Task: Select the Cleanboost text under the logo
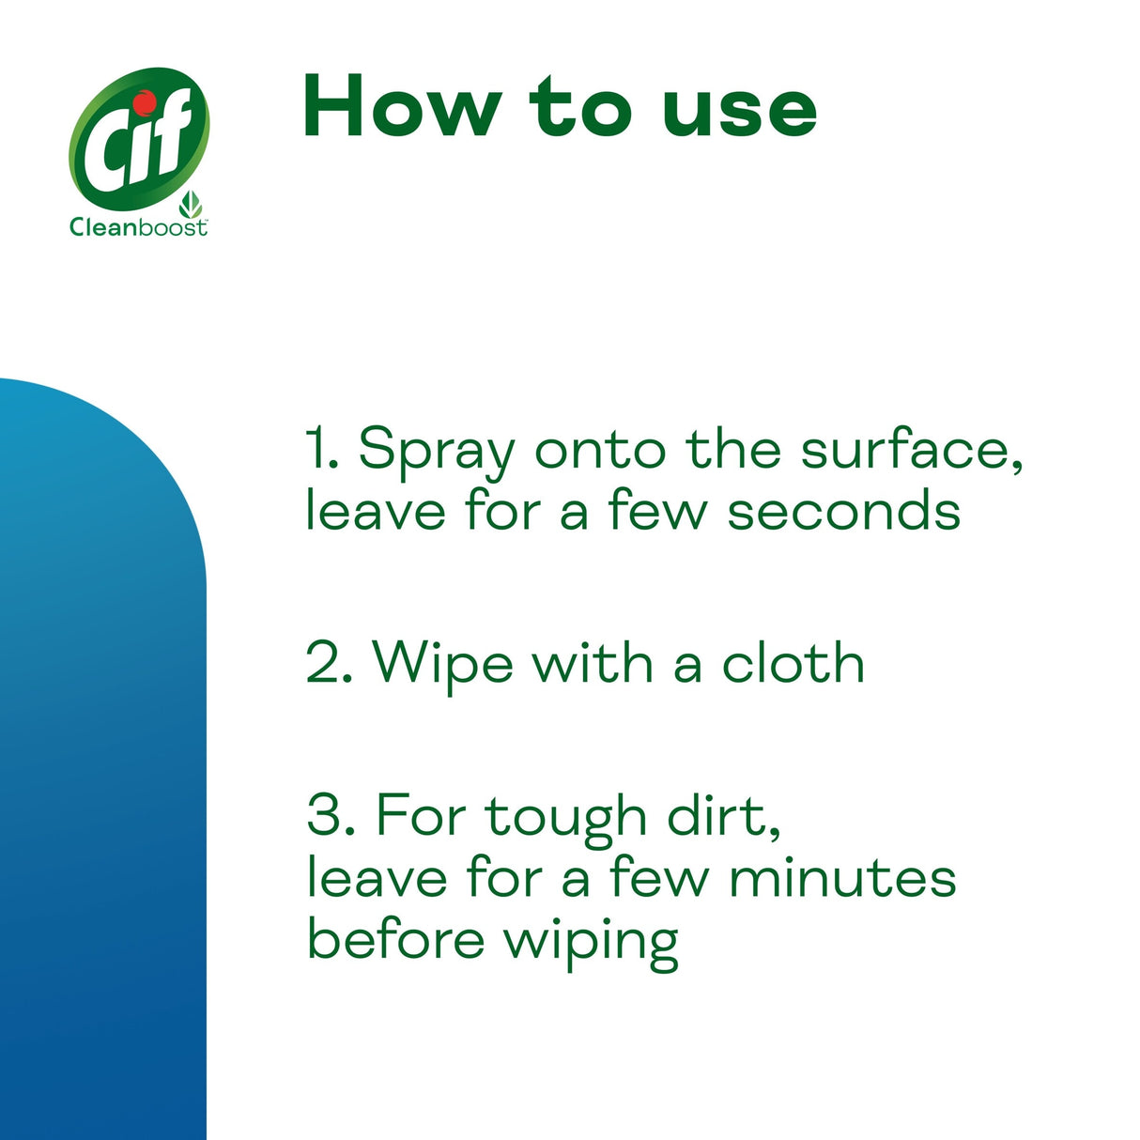click(x=138, y=227)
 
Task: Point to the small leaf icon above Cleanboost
click(x=192, y=204)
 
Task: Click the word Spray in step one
click(x=437, y=452)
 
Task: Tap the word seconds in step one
click(x=843, y=512)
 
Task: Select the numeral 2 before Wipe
click(x=323, y=663)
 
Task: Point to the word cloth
click(x=793, y=663)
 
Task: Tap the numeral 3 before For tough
click(x=325, y=815)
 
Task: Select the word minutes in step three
click(x=842, y=878)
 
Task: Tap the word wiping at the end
click(x=591, y=942)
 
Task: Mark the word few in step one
click(x=657, y=512)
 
